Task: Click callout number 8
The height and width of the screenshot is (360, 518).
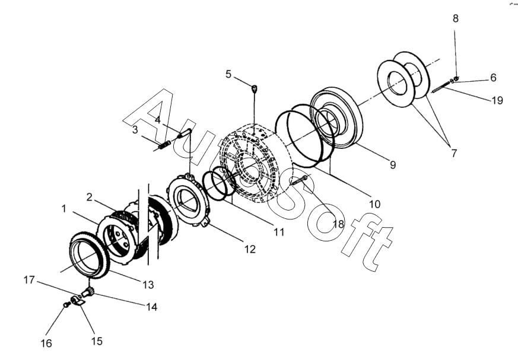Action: [x=456, y=18]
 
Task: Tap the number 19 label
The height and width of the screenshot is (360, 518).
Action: [x=496, y=100]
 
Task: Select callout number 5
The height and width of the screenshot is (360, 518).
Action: [x=228, y=74]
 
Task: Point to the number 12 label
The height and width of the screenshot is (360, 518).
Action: [x=250, y=250]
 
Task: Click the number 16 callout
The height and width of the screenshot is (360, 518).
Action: [x=46, y=343]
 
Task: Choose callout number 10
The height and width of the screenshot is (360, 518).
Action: [x=374, y=204]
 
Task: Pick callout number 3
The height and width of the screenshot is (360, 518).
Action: [x=135, y=129]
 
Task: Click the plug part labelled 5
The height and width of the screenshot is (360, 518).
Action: [x=255, y=89]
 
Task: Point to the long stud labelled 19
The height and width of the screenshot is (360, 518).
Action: [x=441, y=87]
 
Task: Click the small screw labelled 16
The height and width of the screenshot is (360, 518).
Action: [x=67, y=305]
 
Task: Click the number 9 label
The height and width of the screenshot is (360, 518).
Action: [x=392, y=165]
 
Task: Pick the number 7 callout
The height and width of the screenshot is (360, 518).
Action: [x=454, y=153]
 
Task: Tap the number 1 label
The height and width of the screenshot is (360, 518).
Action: [x=63, y=208]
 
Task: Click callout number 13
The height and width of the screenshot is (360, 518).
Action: [x=148, y=285]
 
